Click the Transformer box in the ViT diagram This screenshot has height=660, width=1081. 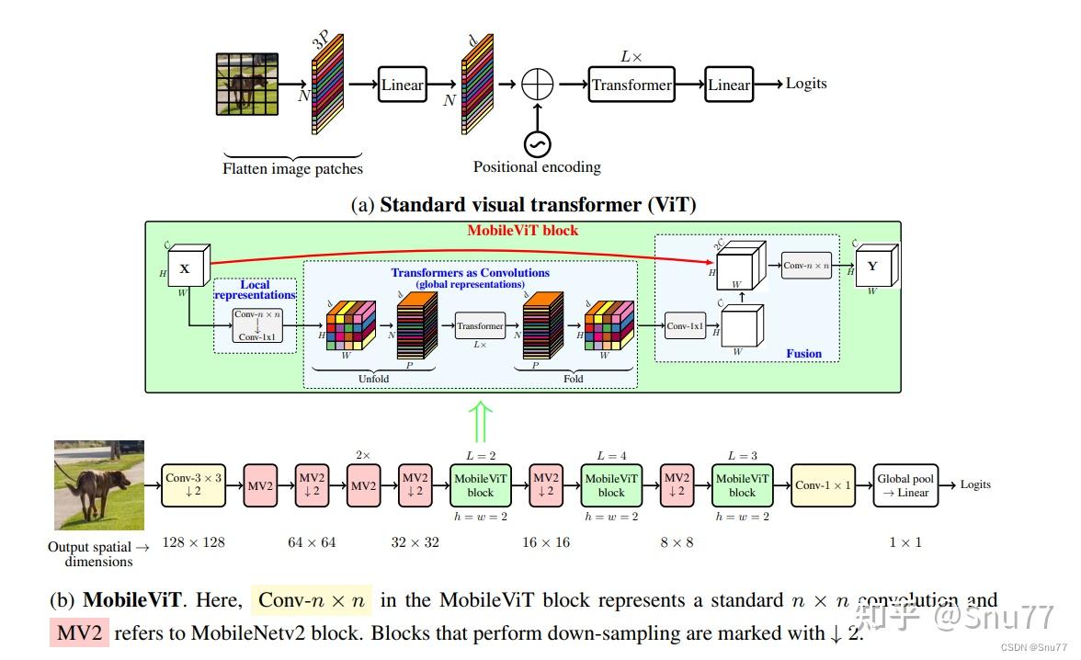pos(632,85)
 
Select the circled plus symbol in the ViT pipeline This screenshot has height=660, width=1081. pos(536,85)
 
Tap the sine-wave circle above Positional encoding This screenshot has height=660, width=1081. pos(536,143)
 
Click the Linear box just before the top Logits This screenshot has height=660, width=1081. pos(729,85)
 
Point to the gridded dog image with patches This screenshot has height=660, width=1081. pos(246,85)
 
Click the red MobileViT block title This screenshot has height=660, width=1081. pos(522,230)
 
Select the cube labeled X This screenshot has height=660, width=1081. pos(187,267)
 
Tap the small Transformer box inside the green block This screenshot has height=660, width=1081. pos(481,326)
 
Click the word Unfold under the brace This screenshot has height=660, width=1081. pos(373,378)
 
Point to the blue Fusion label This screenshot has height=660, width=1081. pos(803,353)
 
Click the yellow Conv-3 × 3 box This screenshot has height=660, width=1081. pos(193,485)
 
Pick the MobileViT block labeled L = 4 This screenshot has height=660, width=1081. pos(611,485)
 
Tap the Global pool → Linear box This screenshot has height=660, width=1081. pos(905,485)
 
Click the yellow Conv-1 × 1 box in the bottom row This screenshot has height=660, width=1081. pos(823,485)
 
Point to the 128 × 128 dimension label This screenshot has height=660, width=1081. pos(193,542)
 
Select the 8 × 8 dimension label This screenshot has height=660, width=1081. pos(677,542)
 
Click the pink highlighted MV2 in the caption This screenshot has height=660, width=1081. pos(79,632)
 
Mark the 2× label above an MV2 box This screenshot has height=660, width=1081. pos(363,455)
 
